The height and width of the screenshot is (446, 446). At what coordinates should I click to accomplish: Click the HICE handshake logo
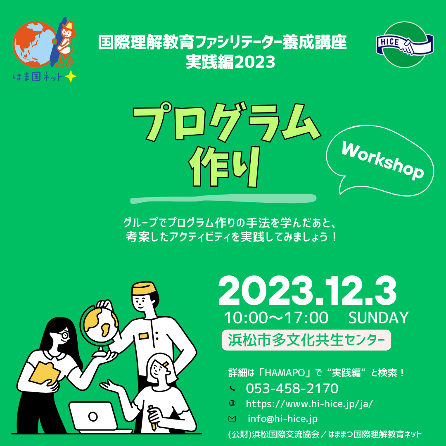(x=404, y=45)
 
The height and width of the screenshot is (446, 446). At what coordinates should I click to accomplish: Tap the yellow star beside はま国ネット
(x=71, y=76)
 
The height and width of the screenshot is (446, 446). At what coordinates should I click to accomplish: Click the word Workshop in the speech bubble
(x=382, y=161)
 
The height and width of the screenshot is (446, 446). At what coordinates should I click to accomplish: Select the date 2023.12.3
(x=307, y=291)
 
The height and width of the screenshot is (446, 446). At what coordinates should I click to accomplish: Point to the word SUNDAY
(x=379, y=318)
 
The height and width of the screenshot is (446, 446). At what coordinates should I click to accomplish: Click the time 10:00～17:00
(x=276, y=318)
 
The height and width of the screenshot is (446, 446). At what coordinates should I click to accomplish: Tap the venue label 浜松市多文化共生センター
(x=306, y=340)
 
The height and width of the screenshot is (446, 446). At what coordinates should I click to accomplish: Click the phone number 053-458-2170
(x=292, y=389)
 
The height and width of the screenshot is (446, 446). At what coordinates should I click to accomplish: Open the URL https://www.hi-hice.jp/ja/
(x=309, y=403)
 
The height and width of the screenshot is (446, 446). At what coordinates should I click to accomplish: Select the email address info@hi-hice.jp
(x=283, y=419)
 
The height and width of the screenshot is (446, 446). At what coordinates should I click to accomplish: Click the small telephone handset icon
(x=232, y=388)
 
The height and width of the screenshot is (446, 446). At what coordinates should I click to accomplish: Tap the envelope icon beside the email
(x=232, y=418)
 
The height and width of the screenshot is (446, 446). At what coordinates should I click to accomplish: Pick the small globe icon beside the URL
(x=232, y=403)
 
